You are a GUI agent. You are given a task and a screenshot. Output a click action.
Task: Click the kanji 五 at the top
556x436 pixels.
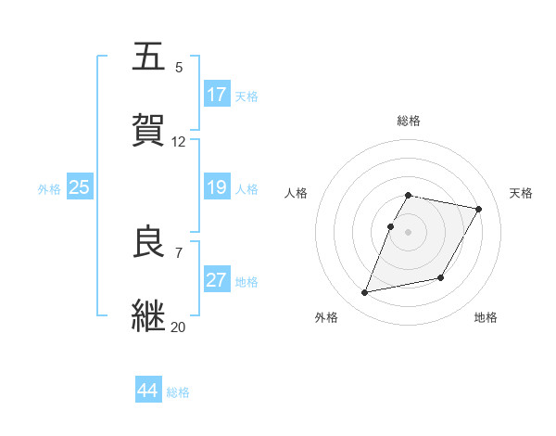pos(150,57)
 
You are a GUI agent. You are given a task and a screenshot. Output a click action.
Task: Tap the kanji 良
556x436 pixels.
pos(150,242)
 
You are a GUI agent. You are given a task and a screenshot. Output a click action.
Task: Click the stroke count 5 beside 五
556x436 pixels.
pos(179,68)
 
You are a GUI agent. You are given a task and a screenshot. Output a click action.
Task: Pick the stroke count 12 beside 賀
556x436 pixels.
pos(179,142)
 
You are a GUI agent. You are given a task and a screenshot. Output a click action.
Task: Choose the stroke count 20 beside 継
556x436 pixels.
pos(179,327)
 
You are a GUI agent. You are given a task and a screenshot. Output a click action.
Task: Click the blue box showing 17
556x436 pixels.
pos(217,95)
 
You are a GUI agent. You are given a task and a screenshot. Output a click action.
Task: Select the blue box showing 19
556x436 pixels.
pos(217,187)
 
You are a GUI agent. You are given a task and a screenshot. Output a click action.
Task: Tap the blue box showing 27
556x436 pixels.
pos(217,280)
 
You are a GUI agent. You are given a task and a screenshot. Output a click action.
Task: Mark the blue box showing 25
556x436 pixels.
pos(80,187)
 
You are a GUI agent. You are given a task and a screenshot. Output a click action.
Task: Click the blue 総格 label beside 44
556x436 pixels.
pos(178,392)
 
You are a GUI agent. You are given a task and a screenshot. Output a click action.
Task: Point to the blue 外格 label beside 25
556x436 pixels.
pos(49,189)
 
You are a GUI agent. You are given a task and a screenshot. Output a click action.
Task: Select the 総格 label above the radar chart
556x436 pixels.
pos(409,121)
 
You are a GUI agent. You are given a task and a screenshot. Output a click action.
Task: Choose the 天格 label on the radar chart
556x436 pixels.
pos(522,193)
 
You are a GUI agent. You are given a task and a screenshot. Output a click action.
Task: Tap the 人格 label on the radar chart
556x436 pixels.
pos(297,193)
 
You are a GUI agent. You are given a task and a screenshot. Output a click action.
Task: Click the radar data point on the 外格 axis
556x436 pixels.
pos(365,293)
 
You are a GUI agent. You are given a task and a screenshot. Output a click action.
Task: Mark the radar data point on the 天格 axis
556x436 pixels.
pos(479,210)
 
